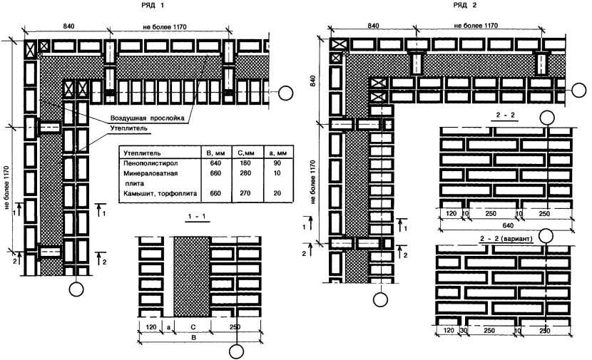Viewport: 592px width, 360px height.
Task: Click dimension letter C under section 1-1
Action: pyautogui.click(x=193, y=329)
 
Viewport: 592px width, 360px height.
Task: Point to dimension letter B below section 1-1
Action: pyautogui.click(x=192, y=339)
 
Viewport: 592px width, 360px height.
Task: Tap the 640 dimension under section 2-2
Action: pyautogui.click(x=506, y=220)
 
